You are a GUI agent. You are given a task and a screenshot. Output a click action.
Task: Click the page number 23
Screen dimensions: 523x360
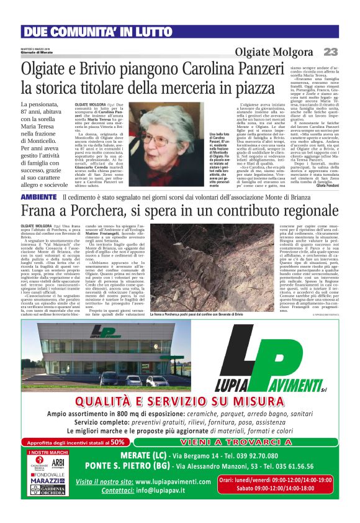coord(331,52)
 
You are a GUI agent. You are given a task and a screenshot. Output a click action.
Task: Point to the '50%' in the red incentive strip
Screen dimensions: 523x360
coord(117,460)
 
